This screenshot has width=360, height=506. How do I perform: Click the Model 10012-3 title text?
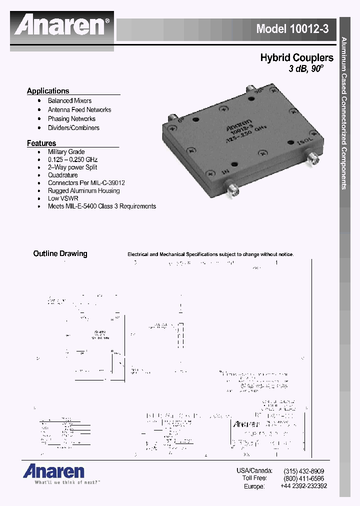pos(292,29)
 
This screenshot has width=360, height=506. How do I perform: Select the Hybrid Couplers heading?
pos(296,57)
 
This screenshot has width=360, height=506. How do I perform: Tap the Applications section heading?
pos(48,91)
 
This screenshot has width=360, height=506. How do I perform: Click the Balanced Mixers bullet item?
pos(69,100)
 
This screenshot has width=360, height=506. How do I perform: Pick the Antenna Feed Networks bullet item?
pos(79,109)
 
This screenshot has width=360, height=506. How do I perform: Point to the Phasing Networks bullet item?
pos(71,118)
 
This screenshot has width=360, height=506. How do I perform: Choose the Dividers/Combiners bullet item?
pos(73,127)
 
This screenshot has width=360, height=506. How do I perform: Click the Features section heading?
pos(41,143)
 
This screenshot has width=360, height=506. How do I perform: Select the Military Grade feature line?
pos(66,151)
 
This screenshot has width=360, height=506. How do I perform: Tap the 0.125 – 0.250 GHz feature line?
pos(72,159)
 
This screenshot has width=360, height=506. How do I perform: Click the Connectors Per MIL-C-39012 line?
pos(86,183)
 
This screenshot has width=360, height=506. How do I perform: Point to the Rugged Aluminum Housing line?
pos(84,190)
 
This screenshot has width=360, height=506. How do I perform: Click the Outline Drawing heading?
pos(60,253)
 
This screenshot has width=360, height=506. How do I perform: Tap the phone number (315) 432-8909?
pos(303,471)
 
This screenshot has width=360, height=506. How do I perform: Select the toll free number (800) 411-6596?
pos(303,478)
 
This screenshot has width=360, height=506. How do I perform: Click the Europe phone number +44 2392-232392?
pos(303,486)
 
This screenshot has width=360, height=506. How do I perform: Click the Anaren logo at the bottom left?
pos(53,471)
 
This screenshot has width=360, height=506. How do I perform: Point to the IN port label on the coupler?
pos(211,172)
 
